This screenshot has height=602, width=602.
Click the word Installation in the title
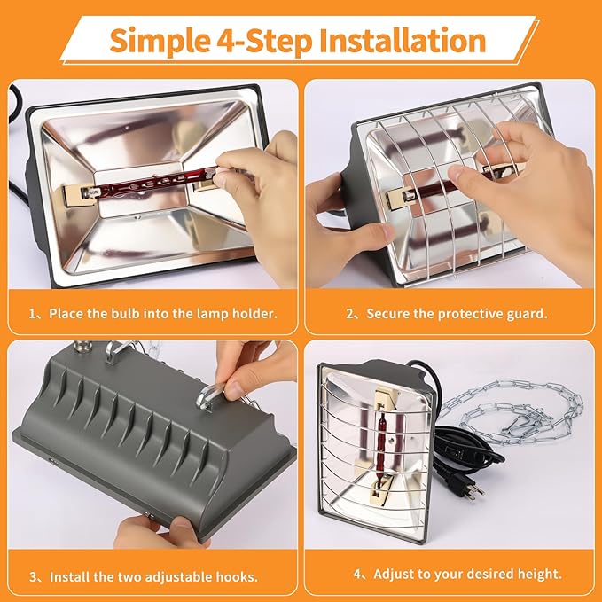[x=403, y=41]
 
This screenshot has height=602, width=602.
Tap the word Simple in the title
[x=160, y=42]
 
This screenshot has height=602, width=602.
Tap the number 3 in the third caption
[x=34, y=577]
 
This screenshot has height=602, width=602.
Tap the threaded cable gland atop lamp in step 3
[x=81, y=349]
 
